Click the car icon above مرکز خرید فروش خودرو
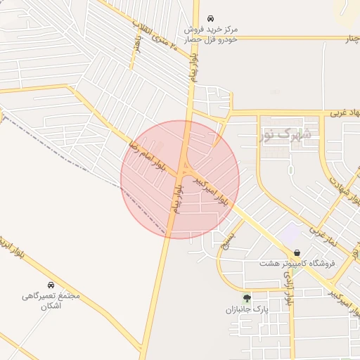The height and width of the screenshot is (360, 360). pos(210,19)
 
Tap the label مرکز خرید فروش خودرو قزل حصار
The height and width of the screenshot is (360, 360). pos(211,35)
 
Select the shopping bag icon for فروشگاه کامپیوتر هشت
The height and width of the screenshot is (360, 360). pos(297,252)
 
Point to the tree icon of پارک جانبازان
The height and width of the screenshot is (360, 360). pos(246,298)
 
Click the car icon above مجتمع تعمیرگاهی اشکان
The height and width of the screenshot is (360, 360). pos(51,285)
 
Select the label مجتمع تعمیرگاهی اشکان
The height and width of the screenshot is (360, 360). pos(51,301)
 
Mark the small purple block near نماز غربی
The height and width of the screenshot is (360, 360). pos(291,231)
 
